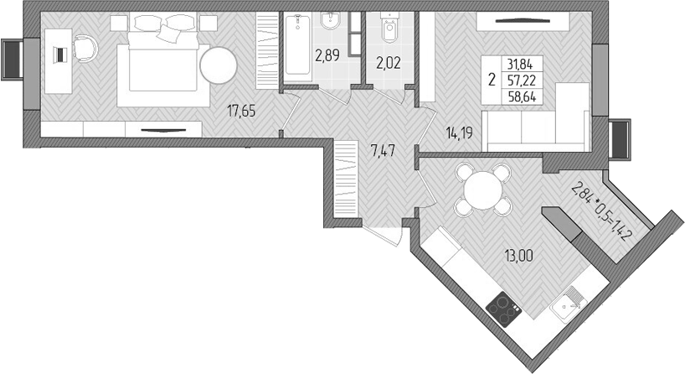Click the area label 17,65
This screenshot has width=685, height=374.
point(242,110)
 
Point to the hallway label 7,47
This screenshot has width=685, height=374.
point(381,151)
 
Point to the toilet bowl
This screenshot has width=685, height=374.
point(388,30)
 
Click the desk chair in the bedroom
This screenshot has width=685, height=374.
point(85,49)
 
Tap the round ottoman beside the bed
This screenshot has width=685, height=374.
point(218,65)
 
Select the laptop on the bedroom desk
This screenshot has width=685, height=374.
point(59,55)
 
